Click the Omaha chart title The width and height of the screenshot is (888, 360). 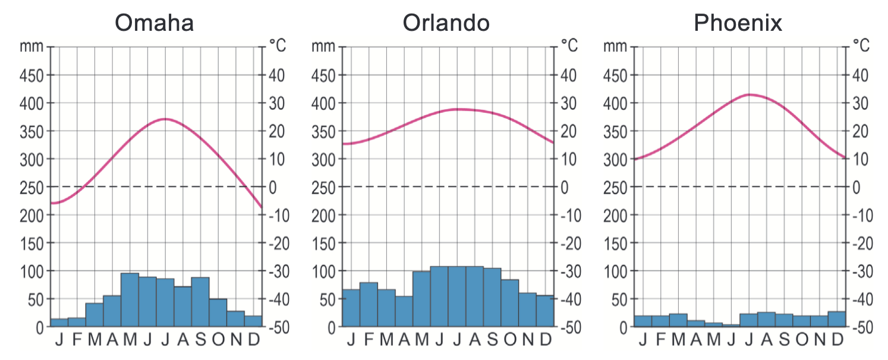[x=154, y=23]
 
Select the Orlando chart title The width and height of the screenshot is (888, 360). [x=446, y=23]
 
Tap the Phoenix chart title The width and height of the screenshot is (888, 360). [x=738, y=23]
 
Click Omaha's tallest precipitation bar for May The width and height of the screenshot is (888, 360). [x=130, y=300]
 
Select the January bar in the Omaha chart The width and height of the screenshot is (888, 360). [x=59, y=323]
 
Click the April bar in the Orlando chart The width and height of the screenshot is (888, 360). [x=404, y=311]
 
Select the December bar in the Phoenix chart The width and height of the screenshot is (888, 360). [x=836, y=319]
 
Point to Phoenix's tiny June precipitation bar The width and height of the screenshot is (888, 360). [x=731, y=325]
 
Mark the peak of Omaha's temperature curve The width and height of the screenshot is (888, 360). [x=165, y=119]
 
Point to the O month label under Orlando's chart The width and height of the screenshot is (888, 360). [x=510, y=340]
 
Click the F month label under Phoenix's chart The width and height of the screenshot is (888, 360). [x=660, y=340]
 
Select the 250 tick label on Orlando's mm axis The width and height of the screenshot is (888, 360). [x=322, y=187]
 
